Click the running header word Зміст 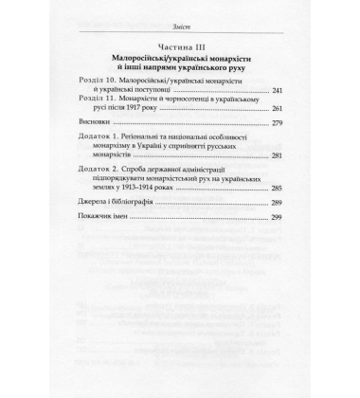[x=179, y=26]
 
